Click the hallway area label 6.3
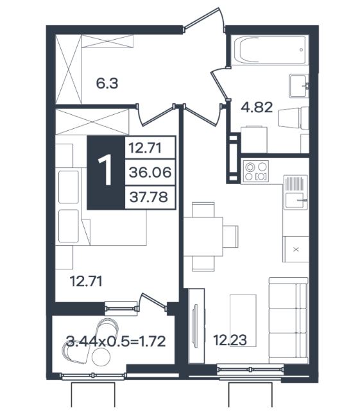107,83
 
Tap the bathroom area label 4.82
257,107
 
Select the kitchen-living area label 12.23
230,340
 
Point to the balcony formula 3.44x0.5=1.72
116,341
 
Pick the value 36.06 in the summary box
150,173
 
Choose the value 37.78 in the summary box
149,197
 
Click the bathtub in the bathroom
270,50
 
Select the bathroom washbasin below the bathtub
299,86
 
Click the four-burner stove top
255,171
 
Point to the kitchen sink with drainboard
295,192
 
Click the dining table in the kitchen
203,237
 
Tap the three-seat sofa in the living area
288,321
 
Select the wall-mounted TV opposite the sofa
196,326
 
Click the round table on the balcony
101,357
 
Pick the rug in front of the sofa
243,321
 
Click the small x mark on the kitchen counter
296,250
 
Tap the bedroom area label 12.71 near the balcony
86,282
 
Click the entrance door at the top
204,19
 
